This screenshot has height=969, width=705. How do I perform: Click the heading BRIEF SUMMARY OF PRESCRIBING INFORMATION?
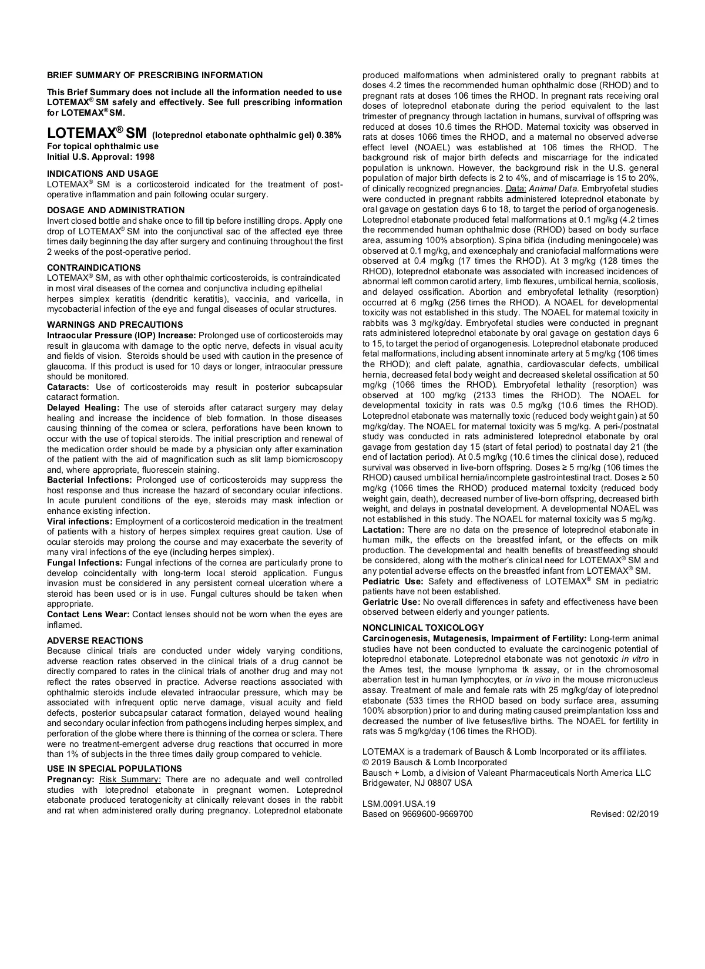coord(155,75)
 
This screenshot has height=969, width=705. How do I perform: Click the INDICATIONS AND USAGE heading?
coord(103,174)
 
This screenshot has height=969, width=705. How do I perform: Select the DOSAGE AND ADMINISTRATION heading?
coord(116,210)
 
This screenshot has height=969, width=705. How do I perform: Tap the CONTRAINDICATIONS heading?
coord(94,268)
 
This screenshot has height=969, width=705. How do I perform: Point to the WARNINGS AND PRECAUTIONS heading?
coord(115,325)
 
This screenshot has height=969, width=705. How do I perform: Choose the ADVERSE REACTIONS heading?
coord(95,641)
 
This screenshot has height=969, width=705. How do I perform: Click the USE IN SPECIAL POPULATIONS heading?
coord(115,769)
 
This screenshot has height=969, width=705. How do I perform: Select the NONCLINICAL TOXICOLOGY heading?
coord(423,628)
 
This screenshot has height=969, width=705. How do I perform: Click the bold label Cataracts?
coord(68,387)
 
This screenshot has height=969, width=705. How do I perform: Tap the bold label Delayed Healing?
coord(83,408)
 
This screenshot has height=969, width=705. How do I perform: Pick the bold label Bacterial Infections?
coord(89,480)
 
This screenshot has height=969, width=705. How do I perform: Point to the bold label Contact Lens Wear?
coord(89,614)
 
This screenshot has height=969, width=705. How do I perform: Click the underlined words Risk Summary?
coord(130,779)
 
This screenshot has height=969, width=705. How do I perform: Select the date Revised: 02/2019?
coord(625,814)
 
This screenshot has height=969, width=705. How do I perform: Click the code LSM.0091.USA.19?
coord(399,804)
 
